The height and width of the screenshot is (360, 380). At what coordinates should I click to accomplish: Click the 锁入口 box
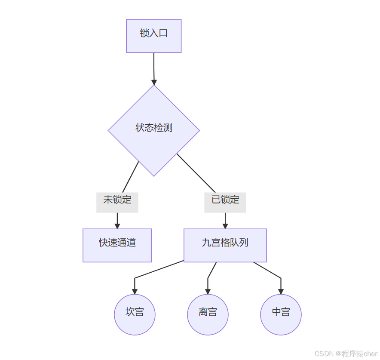tap(153, 36)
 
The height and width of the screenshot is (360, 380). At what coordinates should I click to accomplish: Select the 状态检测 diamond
tap(153, 130)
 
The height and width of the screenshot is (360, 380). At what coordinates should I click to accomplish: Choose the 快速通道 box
tap(117, 245)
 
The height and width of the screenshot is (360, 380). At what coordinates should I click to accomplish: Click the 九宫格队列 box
tap(225, 245)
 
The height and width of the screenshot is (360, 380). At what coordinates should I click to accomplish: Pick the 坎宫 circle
tap(135, 314)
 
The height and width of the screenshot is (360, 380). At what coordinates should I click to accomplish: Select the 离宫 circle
tap(208, 314)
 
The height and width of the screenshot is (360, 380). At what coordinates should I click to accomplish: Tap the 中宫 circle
tap(281, 314)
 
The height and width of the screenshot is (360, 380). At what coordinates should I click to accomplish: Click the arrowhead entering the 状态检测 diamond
tap(154, 82)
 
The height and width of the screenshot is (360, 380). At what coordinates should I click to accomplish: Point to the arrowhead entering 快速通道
tap(117, 226)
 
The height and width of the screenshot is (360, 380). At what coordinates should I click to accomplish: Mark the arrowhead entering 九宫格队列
tap(225, 226)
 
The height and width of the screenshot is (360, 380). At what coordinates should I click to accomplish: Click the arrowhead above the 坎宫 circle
tap(135, 291)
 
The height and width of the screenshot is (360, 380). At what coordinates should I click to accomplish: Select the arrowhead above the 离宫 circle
tap(208, 291)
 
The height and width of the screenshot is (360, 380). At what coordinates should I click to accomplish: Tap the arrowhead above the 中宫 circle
tap(281, 291)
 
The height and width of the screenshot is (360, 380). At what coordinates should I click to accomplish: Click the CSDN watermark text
tap(346, 354)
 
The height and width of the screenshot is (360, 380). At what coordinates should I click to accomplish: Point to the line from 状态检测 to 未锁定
tap(131, 177)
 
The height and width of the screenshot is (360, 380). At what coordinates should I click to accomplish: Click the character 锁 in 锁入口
tap(144, 33)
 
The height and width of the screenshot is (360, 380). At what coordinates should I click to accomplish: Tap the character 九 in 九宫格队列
tap(206, 243)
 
